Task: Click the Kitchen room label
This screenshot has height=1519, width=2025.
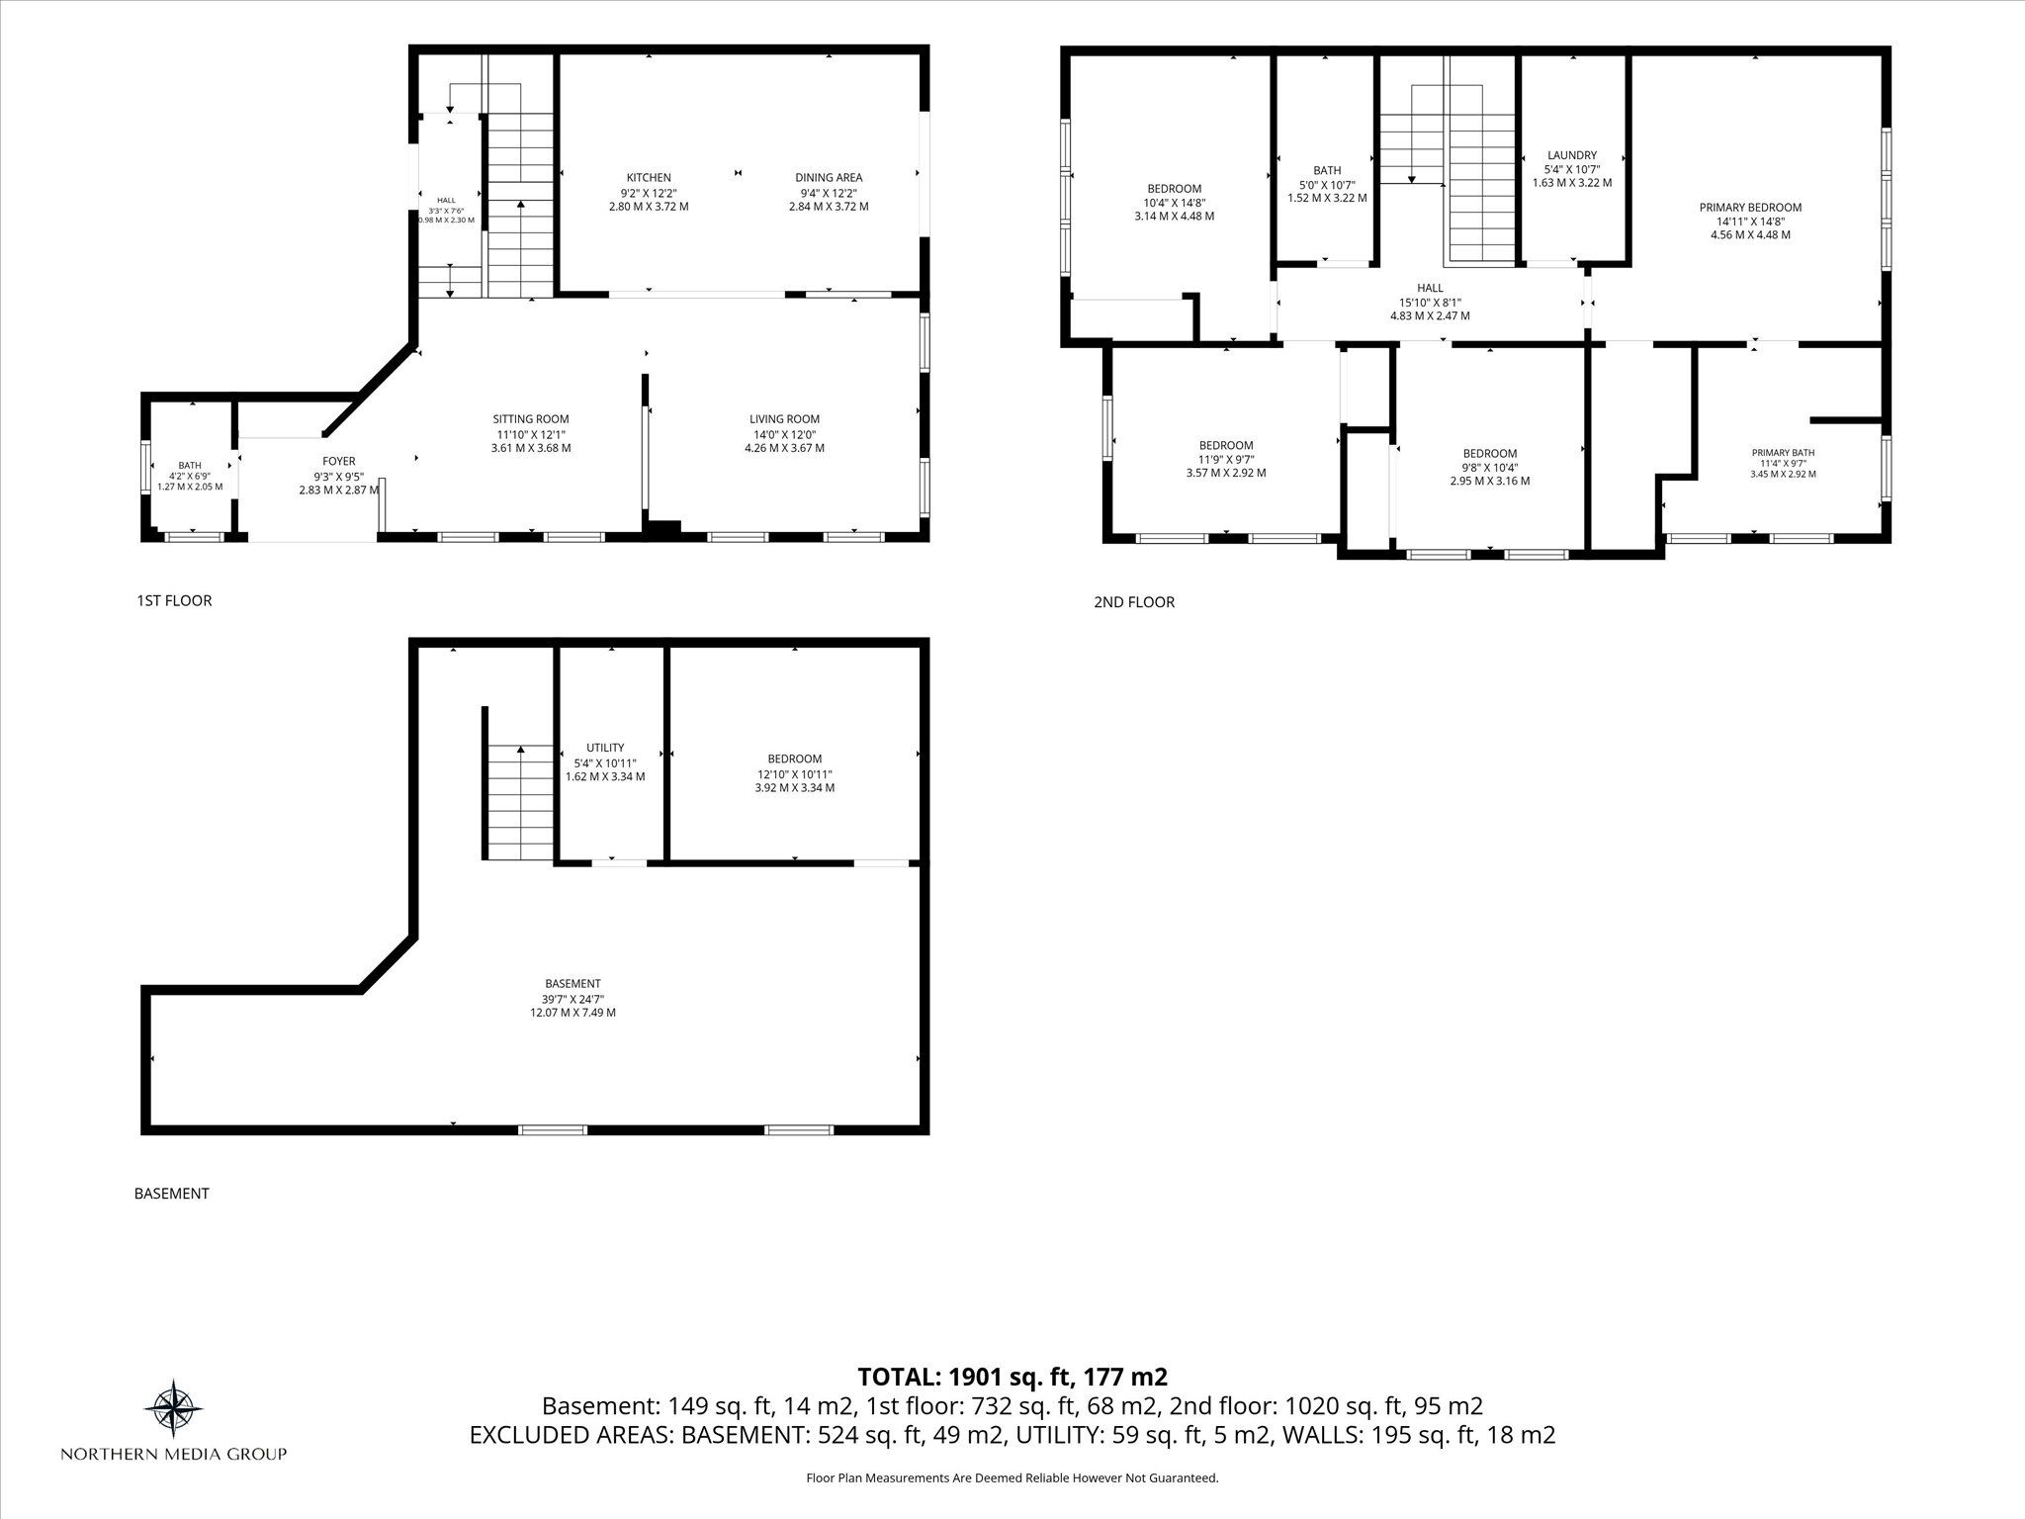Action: tap(649, 178)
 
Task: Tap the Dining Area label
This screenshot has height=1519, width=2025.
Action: tap(829, 178)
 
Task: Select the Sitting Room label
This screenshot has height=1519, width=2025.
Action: tap(531, 419)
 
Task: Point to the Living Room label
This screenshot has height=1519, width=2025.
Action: tap(784, 419)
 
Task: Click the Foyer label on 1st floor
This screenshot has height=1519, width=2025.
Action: tap(339, 461)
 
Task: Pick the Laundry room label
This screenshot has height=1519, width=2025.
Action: tap(1572, 155)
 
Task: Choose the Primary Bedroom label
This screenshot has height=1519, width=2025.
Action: tap(1750, 208)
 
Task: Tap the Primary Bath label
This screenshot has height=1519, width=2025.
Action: tap(1783, 453)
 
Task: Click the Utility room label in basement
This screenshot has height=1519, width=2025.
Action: tap(605, 748)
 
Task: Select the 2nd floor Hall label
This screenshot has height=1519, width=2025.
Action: tap(1430, 288)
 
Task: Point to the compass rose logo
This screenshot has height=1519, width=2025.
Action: tap(174, 1407)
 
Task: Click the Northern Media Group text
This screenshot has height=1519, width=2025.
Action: tap(174, 1454)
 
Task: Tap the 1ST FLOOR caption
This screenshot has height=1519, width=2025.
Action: tap(174, 600)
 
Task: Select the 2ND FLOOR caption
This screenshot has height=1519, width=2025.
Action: tap(1134, 602)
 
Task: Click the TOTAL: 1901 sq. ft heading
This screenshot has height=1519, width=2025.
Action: tap(1012, 1377)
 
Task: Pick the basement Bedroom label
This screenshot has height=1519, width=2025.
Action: tap(795, 759)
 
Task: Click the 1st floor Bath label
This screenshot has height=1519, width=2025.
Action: tap(190, 465)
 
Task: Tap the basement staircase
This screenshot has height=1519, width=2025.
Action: tap(520, 803)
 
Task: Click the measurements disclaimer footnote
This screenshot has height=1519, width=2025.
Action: tap(1012, 1478)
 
